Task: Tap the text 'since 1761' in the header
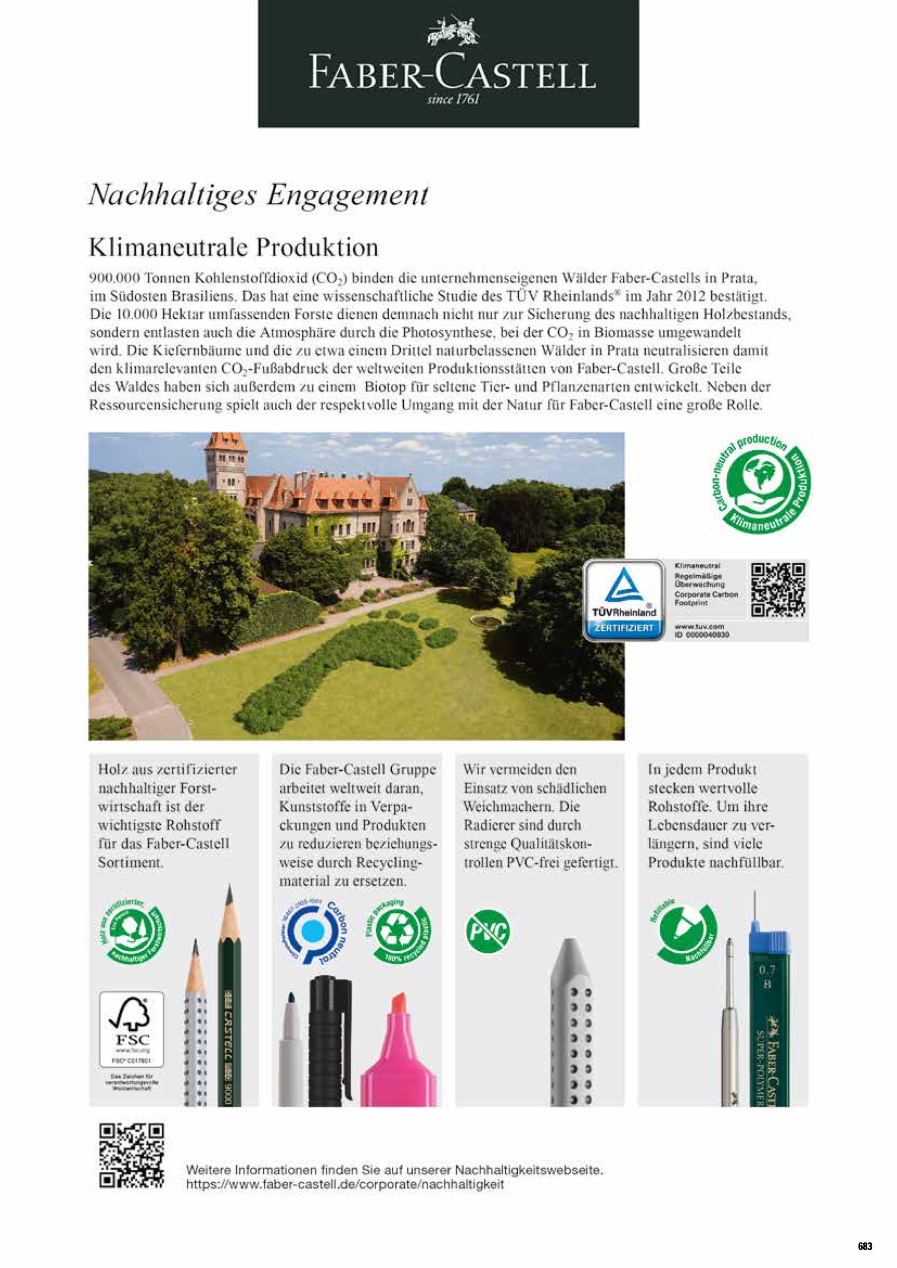(453, 100)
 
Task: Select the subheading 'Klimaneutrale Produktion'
(234, 247)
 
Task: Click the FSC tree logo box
(132, 1030)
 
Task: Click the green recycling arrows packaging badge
(398, 931)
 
